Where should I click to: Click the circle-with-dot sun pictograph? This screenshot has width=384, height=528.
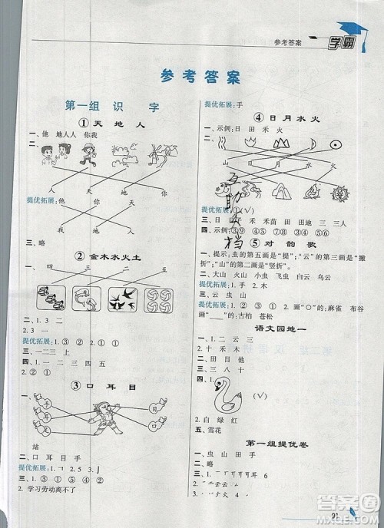point(335,144)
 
